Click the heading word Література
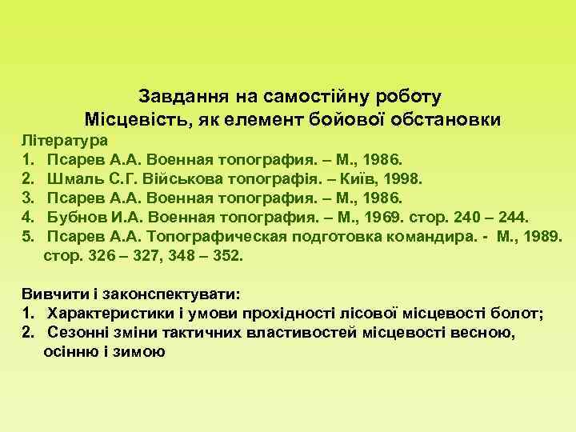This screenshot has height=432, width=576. point(65,140)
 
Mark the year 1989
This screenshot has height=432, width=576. point(543,235)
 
